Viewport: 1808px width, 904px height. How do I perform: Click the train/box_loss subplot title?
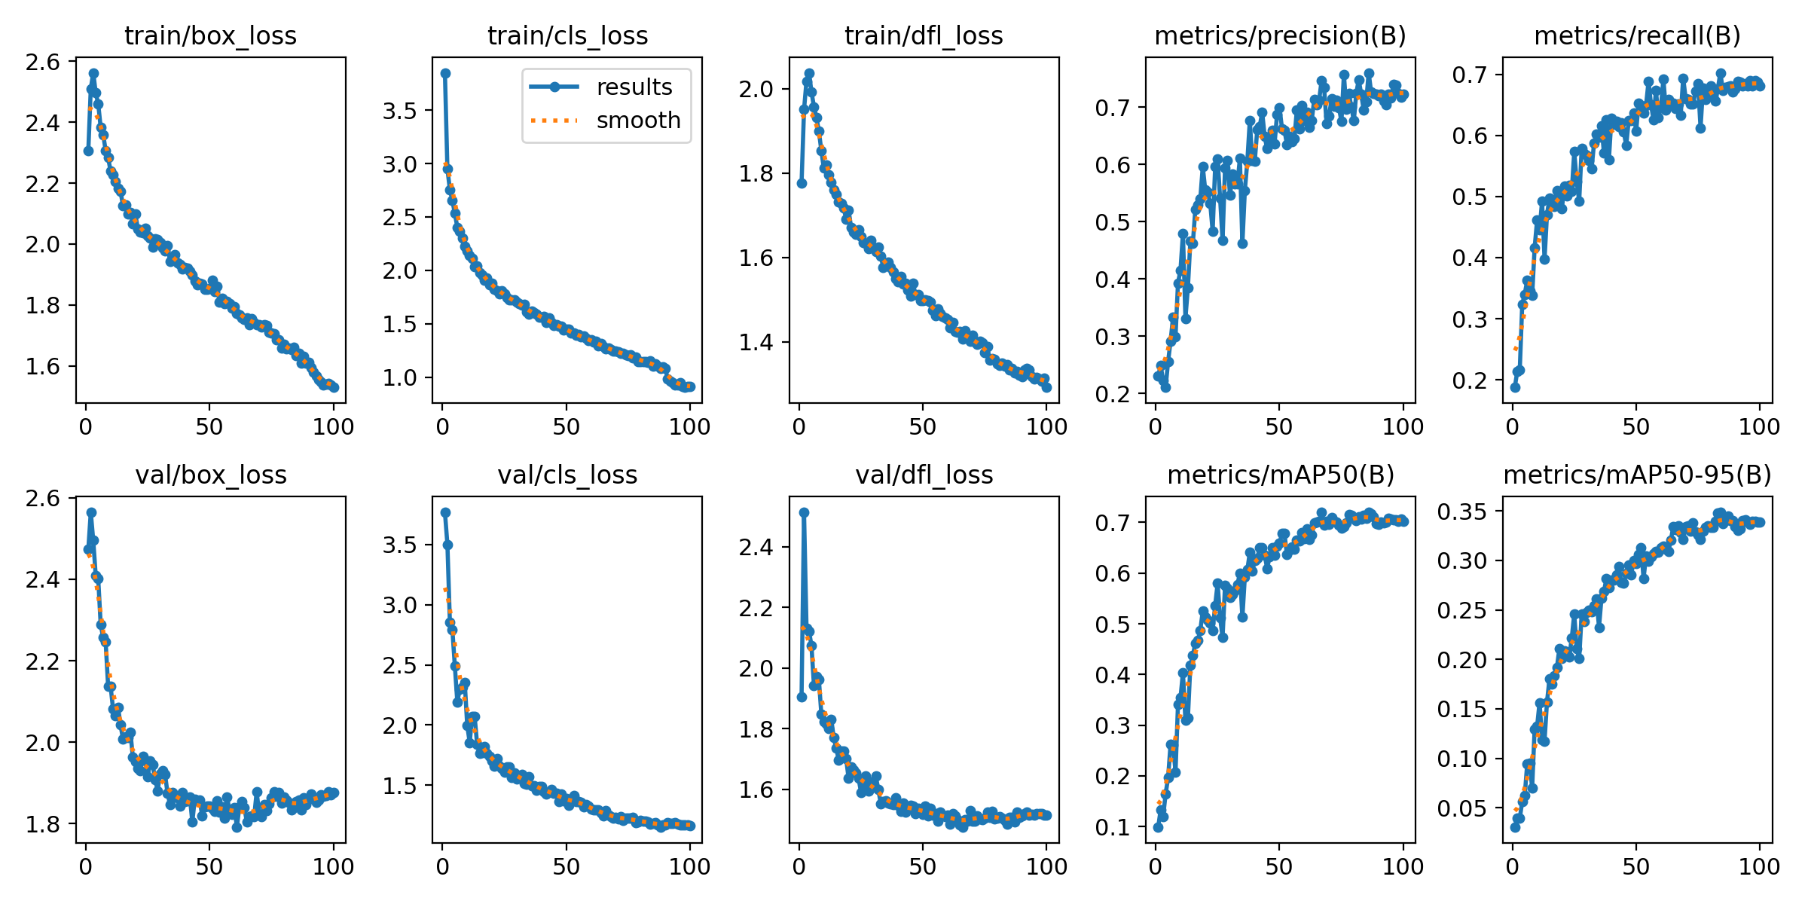coord(210,36)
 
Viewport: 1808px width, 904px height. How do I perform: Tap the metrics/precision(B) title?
coord(1280,36)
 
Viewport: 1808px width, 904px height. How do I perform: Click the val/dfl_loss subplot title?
coord(924,475)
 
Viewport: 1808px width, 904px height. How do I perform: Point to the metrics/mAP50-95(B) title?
coord(1637,475)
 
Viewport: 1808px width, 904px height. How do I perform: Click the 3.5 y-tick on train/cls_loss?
coord(399,111)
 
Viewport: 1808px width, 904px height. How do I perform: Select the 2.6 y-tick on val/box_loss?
coord(43,498)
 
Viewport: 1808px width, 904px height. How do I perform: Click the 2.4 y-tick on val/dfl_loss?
coord(756,547)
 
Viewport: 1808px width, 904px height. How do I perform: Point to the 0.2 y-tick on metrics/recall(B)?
coord(1470,380)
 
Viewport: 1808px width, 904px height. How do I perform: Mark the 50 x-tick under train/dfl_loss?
coord(923,427)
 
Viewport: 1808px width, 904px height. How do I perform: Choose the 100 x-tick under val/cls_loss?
coord(689,867)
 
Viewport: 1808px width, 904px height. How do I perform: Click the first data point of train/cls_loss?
coord(445,73)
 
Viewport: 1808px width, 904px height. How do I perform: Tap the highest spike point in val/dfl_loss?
coord(804,512)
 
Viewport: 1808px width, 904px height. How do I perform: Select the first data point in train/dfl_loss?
coord(802,183)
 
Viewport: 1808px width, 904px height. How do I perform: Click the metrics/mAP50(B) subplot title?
coord(1281,475)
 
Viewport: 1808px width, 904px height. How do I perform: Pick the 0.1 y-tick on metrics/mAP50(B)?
coord(1113,827)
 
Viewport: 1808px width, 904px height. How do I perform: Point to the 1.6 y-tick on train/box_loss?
coord(43,367)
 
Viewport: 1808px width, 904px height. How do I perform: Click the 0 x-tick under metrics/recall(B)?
coord(1513,427)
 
